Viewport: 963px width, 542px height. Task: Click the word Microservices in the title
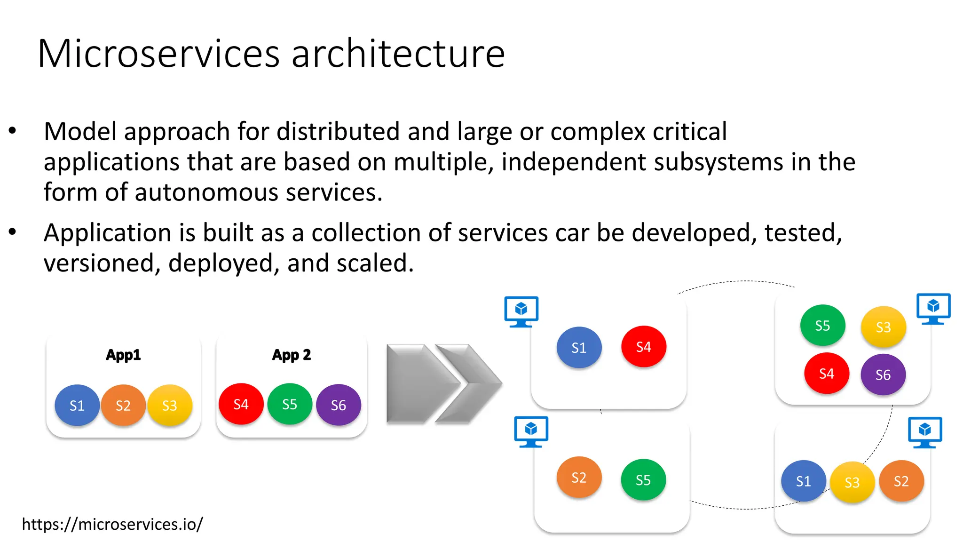point(158,54)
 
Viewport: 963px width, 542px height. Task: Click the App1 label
point(123,355)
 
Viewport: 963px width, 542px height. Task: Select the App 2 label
point(292,355)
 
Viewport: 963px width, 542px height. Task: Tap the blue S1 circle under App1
point(77,405)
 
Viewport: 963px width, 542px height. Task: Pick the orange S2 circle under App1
point(123,405)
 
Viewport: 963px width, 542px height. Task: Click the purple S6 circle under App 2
point(339,405)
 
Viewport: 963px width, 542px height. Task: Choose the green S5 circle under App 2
point(290,404)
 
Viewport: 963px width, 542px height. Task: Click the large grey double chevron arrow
point(443,383)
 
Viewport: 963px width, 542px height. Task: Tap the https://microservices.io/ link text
point(112,524)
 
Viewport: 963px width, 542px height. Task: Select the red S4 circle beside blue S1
point(644,347)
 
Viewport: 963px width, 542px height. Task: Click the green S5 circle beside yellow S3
point(822,326)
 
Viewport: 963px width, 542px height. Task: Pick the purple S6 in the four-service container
point(883,375)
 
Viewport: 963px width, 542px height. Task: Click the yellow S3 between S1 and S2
point(852,482)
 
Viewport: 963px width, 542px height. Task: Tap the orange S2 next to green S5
point(579,478)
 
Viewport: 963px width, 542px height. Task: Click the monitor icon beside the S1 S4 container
point(521,311)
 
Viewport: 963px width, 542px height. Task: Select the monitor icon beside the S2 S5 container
point(531,431)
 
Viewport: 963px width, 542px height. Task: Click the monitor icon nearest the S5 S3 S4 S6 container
point(933,309)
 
